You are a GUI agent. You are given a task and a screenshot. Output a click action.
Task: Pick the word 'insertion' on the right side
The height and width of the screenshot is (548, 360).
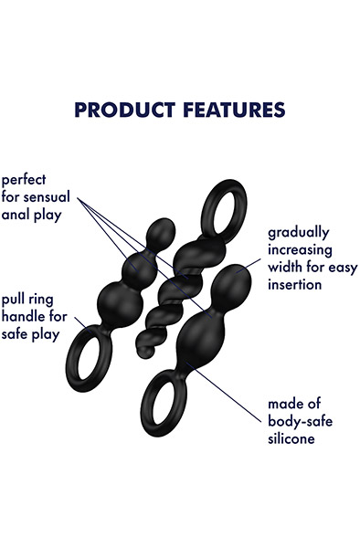click(294, 284)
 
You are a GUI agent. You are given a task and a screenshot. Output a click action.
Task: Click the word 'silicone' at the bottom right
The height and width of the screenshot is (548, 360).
click(291, 438)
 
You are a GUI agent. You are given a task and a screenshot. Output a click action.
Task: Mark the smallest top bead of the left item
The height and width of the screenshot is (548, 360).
click(161, 229)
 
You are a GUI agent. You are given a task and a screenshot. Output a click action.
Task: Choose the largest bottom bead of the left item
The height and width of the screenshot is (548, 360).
click(122, 302)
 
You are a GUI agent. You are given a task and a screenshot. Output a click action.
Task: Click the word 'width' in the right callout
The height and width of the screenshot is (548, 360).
click(287, 268)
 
